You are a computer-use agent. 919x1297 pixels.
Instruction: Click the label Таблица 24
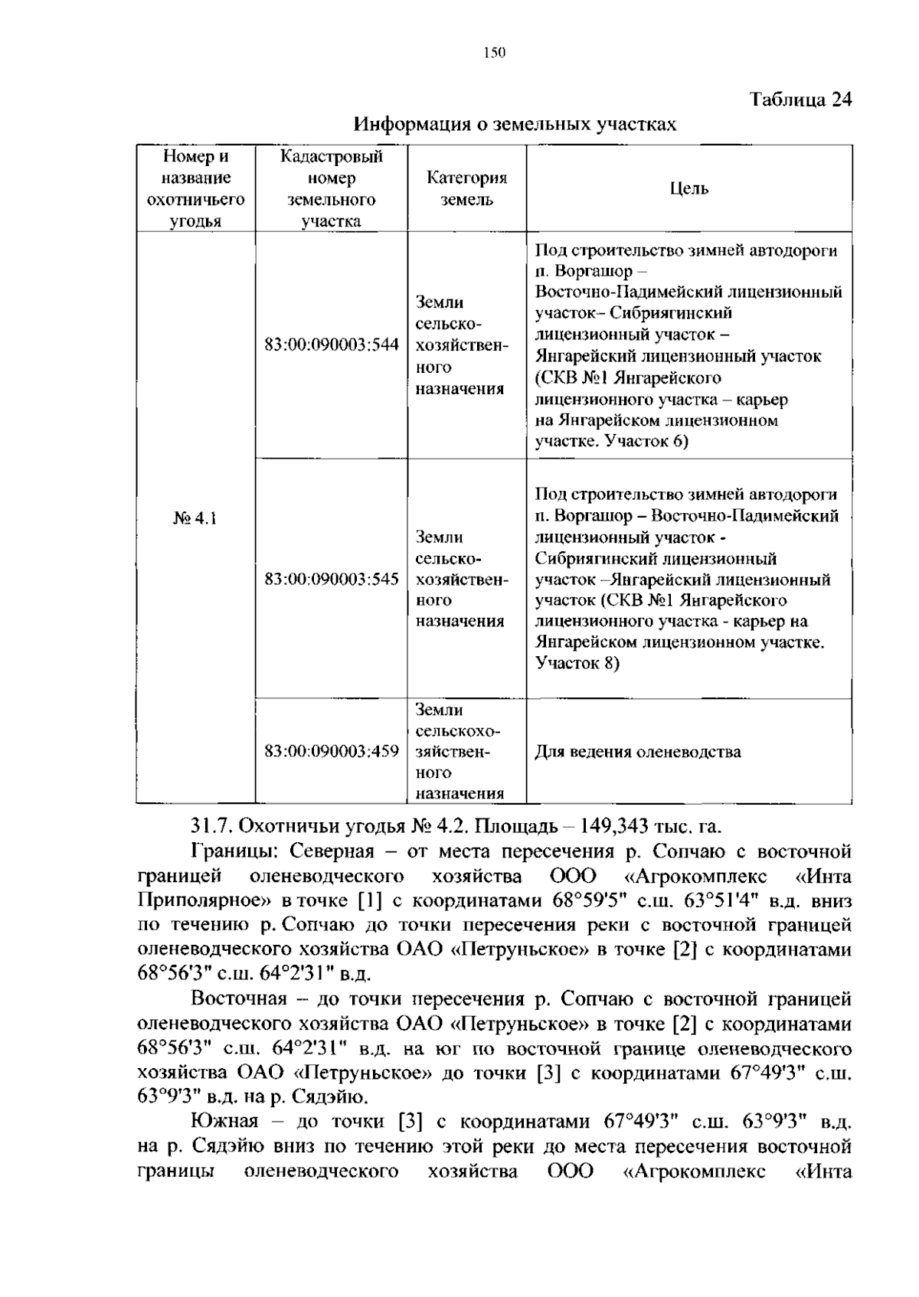click(x=800, y=100)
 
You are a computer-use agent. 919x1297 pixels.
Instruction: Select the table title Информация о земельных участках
click(x=515, y=124)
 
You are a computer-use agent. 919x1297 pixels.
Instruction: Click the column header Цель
click(x=688, y=188)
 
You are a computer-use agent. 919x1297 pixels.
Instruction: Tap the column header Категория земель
click(x=466, y=189)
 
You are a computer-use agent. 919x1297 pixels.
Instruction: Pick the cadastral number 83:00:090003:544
click(x=331, y=345)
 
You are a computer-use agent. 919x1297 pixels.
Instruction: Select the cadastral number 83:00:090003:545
click(x=331, y=580)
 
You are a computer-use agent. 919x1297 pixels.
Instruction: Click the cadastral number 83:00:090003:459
click(x=331, y=752)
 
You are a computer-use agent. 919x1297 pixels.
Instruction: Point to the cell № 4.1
click(x=195, y=518)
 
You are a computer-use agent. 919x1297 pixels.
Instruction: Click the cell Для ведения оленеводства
click(x=637, y=752)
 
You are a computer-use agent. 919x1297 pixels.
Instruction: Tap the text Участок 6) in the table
click(x=646, y=442)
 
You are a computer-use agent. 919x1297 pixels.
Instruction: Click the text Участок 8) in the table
click(x=577, y=663)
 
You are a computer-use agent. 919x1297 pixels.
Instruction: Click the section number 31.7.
click(x=210, y=827)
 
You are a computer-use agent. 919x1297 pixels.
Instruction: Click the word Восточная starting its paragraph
click(x=238, y=999)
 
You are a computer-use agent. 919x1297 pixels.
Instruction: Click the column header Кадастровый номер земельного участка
click(x=331, y=189)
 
